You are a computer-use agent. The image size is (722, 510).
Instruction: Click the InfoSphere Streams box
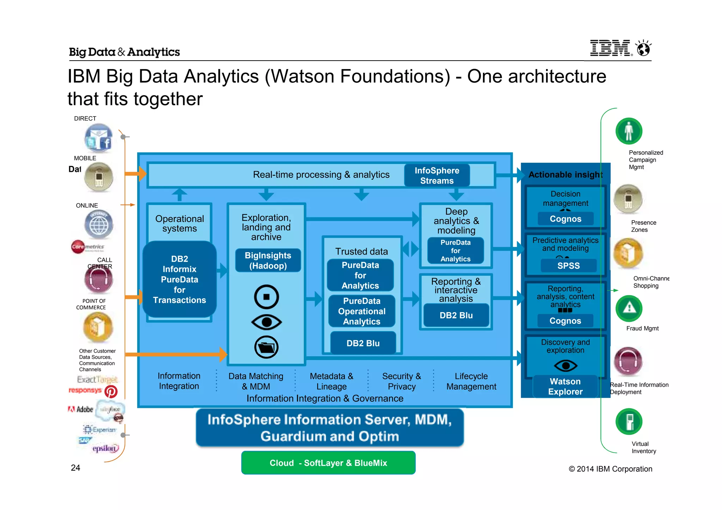click(x=437, y=175)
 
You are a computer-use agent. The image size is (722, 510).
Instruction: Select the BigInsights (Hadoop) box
click(x=268, y=261)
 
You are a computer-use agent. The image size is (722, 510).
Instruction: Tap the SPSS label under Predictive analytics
click(x=568, y=266)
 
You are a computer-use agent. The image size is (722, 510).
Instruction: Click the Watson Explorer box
click(x=565, y=386)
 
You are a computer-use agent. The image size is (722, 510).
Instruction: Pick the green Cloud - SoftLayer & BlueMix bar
click(x=328, y=463)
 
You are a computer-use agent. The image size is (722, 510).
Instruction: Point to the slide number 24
click(x=75, y=468)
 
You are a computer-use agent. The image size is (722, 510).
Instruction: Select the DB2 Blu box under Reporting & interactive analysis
click(x=456, y=315)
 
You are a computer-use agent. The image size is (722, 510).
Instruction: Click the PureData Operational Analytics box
click(x=362, y=311)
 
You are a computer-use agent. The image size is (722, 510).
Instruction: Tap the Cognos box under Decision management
click(x=565, y=219)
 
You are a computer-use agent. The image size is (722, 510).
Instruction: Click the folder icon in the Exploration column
click(x=267, y=347)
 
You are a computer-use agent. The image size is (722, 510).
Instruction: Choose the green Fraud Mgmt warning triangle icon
click(x=629, y=308)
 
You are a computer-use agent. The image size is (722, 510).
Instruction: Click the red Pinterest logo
click(x=111, y=392)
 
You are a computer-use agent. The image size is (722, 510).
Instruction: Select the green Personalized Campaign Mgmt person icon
click(x=629, y=131)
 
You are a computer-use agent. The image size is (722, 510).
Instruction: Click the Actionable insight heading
click(x=565, y=175)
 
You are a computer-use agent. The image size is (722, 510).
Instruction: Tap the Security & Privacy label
click(x=402, y=381)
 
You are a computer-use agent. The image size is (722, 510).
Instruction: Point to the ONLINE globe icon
click(x=99, y=224)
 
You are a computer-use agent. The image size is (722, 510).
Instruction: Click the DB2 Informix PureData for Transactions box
click(x=179, y=279)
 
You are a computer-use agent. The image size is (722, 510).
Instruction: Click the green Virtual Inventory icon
click(x=629, y=422)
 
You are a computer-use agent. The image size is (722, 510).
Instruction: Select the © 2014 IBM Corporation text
click(x=610, y=469)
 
